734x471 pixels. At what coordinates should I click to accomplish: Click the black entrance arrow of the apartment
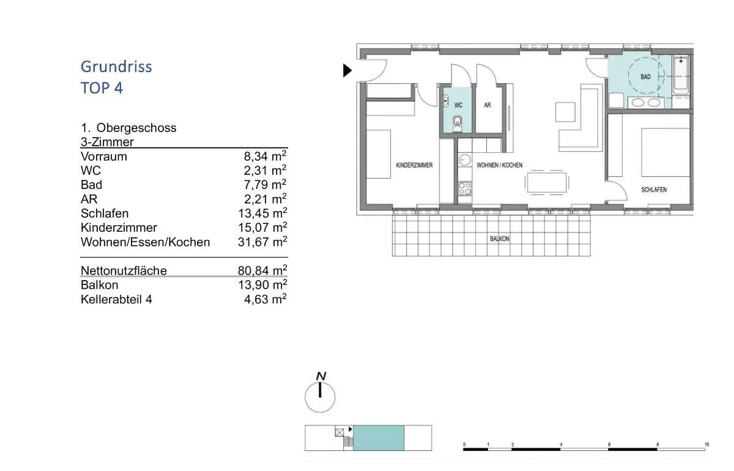pyautogui.click(x=347, y=70)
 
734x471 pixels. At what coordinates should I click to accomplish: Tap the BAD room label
pyautogui.click(x=645, y=76)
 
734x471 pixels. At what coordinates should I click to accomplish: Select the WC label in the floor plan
pyautogui.click(x=458, y=105)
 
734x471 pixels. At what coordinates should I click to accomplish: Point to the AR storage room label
pyautogui.click(x=487, y=105)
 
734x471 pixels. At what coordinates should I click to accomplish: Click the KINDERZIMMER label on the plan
pyautogui.click(x=414, y=165)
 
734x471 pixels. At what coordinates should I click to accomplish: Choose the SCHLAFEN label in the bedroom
pyautogui.click(x=654, y=190)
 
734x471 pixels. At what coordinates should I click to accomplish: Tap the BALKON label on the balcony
pyautogui.click(x=499, y=239)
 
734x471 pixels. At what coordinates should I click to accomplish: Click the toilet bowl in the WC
pyautogui.click(x=458, y=123)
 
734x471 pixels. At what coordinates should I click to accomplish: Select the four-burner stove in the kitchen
pyautogui.click(x=465, y=188)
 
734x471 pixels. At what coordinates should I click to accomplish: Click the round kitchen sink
pyautogui.click(x=464, y=160)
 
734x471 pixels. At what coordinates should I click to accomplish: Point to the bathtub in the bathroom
pyautogui.click(x=681, y=75)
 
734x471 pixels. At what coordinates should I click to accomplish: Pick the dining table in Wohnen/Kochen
pyautogui.click(x=547, y=182)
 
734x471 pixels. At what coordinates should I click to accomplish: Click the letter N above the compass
pyautogui.click(x=321, y=376)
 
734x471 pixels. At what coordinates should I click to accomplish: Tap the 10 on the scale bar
pyautogui.click(x=706, y=445)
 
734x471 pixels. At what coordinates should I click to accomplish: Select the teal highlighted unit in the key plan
pyautogui.click(x=379, y=438)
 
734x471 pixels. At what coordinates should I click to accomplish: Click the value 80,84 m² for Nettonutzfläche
pyautogui.click(x=262, y=271)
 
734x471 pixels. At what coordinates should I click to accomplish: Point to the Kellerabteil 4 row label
pyautogui.click(x=116, y=300)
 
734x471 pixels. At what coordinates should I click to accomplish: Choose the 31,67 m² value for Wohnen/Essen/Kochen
pyautogui.click(x=262, y=242)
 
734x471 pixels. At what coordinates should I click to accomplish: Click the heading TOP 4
pyautogui.click(x=102, y=88)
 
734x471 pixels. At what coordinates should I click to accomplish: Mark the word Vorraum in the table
pyautogui.click(x=104, y=157)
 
